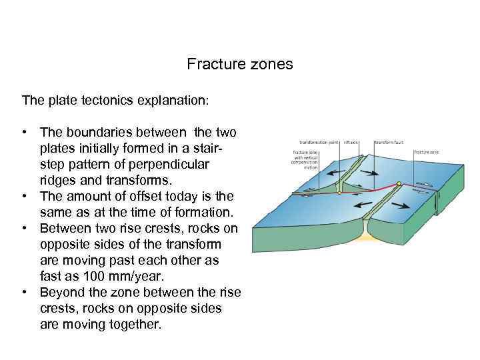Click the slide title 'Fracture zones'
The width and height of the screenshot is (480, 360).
click(x=239, y=65)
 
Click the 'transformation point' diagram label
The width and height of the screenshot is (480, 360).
click(x=319, y=142)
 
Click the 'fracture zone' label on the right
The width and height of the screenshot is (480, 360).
click(x=425, y=153)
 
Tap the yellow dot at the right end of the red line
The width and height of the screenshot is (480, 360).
click(x=398, y=183)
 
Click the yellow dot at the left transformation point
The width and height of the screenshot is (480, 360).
click(x=339, y=193)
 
